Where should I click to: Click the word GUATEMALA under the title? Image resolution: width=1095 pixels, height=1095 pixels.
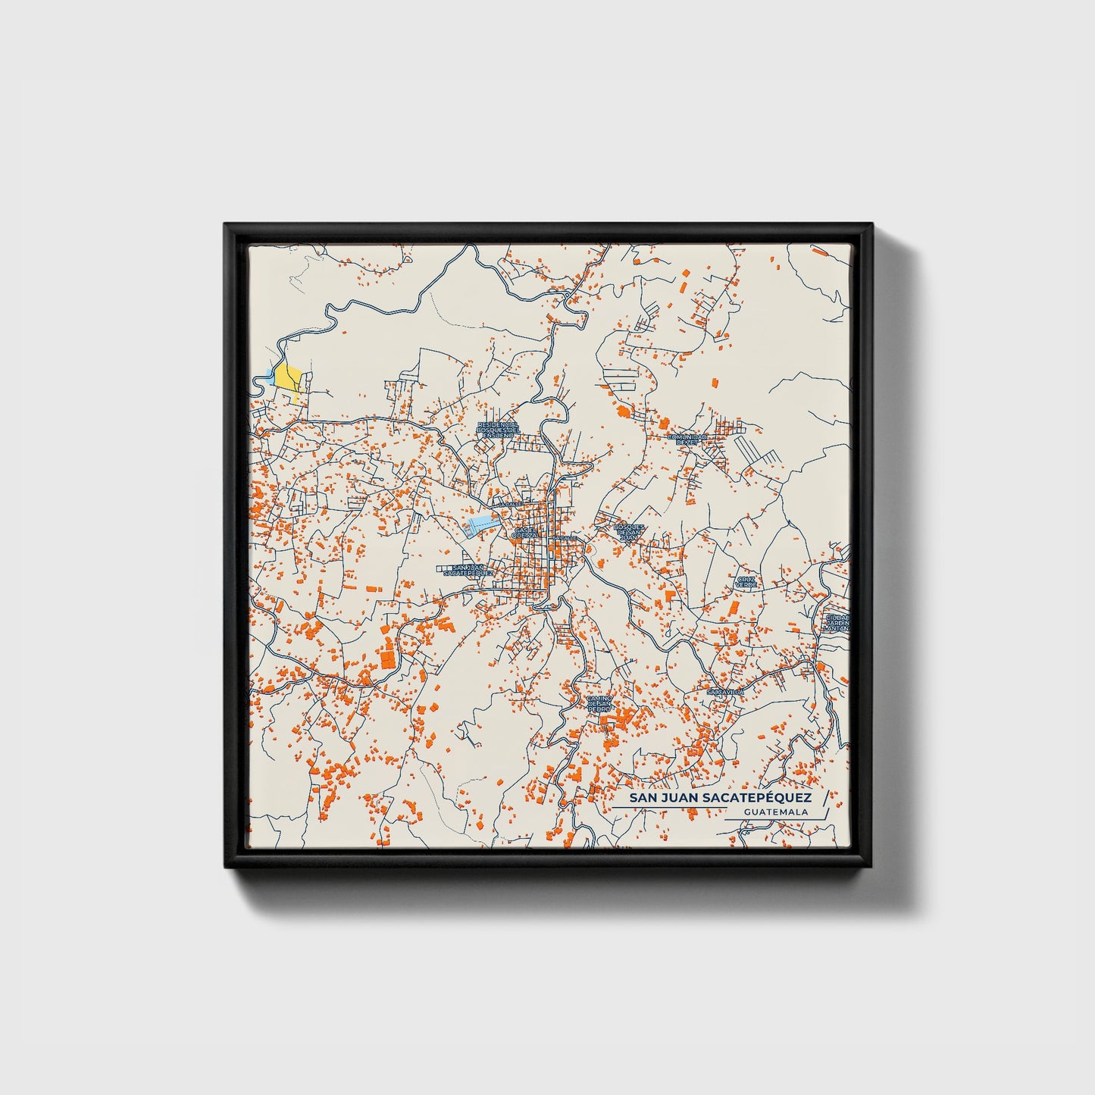tap(775, 812)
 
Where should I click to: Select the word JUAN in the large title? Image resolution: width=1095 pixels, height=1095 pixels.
tap(680, 799)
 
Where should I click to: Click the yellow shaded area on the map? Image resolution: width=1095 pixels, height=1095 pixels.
tap(288, 377)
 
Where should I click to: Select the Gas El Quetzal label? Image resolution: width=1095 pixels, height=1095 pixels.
tap(524, 533)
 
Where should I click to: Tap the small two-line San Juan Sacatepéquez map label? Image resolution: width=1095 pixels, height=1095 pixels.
tap(468, 571)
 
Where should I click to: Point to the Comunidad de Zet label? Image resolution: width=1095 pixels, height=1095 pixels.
tap(687, 439)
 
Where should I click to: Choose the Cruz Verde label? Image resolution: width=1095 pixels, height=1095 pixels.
tap(746, 582)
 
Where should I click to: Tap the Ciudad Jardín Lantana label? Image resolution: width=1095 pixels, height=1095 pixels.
tap(837, 622)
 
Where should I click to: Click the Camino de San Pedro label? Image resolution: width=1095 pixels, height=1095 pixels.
tap(599, 704)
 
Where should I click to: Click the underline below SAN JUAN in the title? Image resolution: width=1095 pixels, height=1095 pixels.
tap(667, 808)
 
